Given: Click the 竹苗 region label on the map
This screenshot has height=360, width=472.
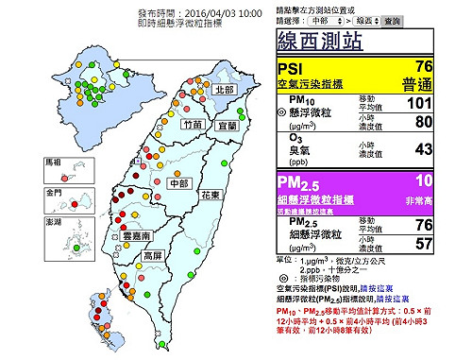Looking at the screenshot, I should [x=194, y=124].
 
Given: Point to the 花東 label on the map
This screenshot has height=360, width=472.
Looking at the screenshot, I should [x=210, y=195].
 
